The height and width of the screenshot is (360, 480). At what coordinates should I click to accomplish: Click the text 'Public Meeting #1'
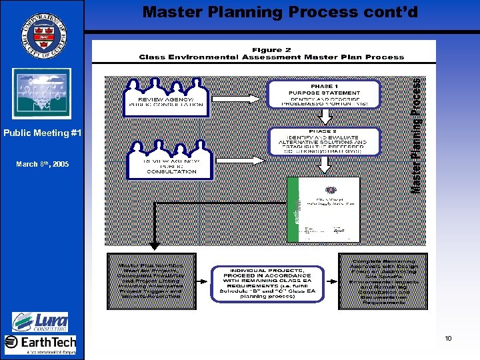click(43, 133)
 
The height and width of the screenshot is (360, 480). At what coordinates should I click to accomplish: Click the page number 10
click(449, 339)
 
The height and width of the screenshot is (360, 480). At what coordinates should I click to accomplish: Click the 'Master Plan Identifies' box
click(151, 281)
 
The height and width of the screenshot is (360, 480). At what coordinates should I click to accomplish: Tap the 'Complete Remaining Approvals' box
click(383, 280)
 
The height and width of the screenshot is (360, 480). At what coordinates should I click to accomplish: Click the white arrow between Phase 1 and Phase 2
click(324, 117)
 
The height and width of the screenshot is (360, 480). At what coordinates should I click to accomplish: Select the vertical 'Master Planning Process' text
click(415, 137)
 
